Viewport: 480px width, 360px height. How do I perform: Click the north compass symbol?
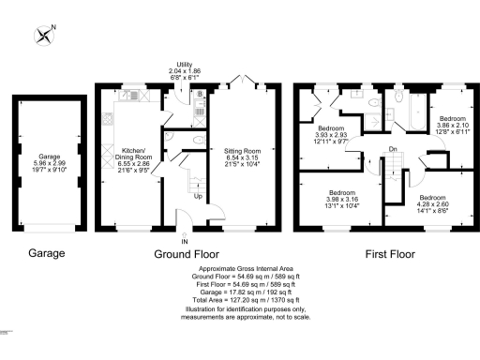44,36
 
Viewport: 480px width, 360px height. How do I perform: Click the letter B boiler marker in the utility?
201,95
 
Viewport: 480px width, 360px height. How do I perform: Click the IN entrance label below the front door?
184,241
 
